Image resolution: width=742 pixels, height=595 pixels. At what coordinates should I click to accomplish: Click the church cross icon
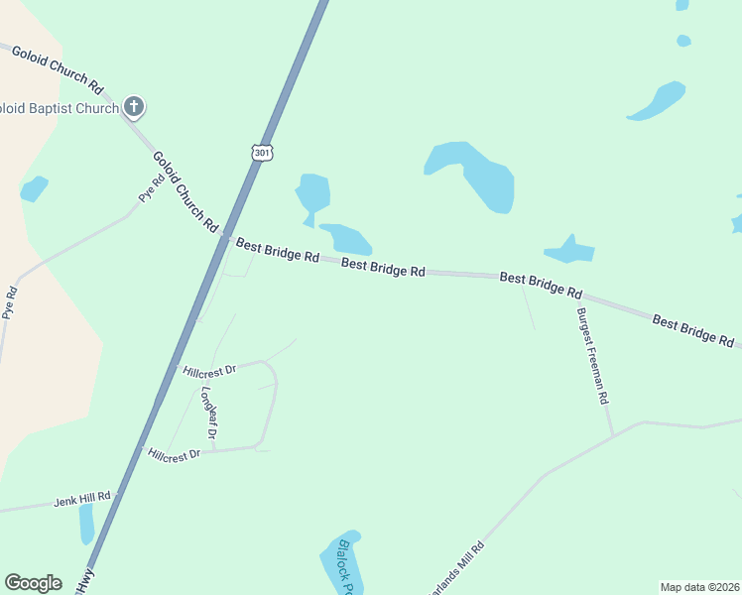click(134, 107)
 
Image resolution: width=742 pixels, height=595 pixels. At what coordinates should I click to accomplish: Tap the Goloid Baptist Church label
click(60, 107)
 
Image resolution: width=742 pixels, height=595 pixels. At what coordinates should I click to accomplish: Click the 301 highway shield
click(261, 153)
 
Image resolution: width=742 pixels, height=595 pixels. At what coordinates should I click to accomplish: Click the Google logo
click(34, 583)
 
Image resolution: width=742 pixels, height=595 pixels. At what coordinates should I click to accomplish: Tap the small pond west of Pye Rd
click(34, 187)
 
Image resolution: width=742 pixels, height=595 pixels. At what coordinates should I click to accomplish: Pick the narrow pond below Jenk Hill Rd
click(86, 523)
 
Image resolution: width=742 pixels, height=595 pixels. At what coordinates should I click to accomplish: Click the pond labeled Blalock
click(341, 562)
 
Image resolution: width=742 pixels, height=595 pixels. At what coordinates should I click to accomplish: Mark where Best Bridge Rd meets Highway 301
click(227, 238)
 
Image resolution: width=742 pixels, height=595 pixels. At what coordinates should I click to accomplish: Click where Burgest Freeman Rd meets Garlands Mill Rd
click(613, 434)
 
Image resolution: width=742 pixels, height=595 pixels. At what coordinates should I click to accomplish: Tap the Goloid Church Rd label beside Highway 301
click(185, 191)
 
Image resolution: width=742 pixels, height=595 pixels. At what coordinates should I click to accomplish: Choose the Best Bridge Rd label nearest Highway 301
click(277, 249)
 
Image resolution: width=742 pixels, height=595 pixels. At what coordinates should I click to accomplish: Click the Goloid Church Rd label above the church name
click(58, 68)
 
